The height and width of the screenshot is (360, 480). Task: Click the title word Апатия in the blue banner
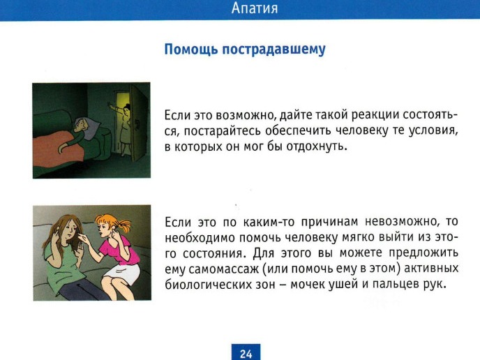[x=255, y=8]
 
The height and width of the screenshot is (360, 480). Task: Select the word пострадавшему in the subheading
[x=273, y=50]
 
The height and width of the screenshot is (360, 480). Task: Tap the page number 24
[x=246, y=354]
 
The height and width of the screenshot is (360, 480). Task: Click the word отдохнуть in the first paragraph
[x=317, y=147]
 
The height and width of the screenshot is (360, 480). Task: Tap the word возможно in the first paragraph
[x=243, y=115]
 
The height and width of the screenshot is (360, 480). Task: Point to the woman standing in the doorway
[x=125, y=128]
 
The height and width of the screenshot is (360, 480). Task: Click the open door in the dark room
[x=140, y=123]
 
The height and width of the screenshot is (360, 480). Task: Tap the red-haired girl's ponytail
[x=123, y=226]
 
